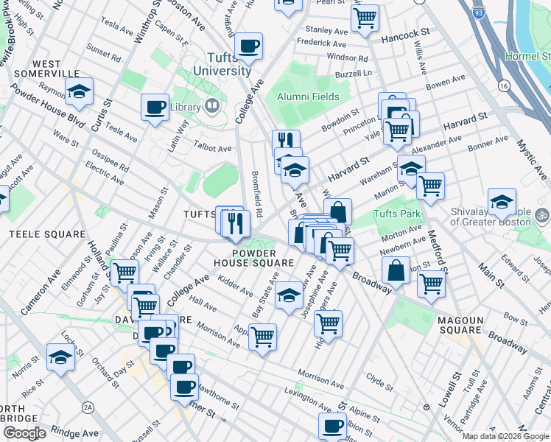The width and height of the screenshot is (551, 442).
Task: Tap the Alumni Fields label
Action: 308,97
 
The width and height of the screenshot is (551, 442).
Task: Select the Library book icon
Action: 213,107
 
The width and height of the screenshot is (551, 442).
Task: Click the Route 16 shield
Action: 504,86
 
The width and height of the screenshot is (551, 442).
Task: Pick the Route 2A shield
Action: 89,406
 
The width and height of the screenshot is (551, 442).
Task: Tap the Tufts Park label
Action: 396,214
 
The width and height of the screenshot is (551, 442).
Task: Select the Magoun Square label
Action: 470,320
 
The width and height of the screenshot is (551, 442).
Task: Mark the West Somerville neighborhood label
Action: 46,68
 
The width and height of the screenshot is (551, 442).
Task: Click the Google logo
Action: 24,433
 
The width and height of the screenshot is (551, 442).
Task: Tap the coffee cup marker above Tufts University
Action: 249,46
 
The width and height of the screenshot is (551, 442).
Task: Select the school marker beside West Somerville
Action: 78,92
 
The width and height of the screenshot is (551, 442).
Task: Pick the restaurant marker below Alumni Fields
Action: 286,140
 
